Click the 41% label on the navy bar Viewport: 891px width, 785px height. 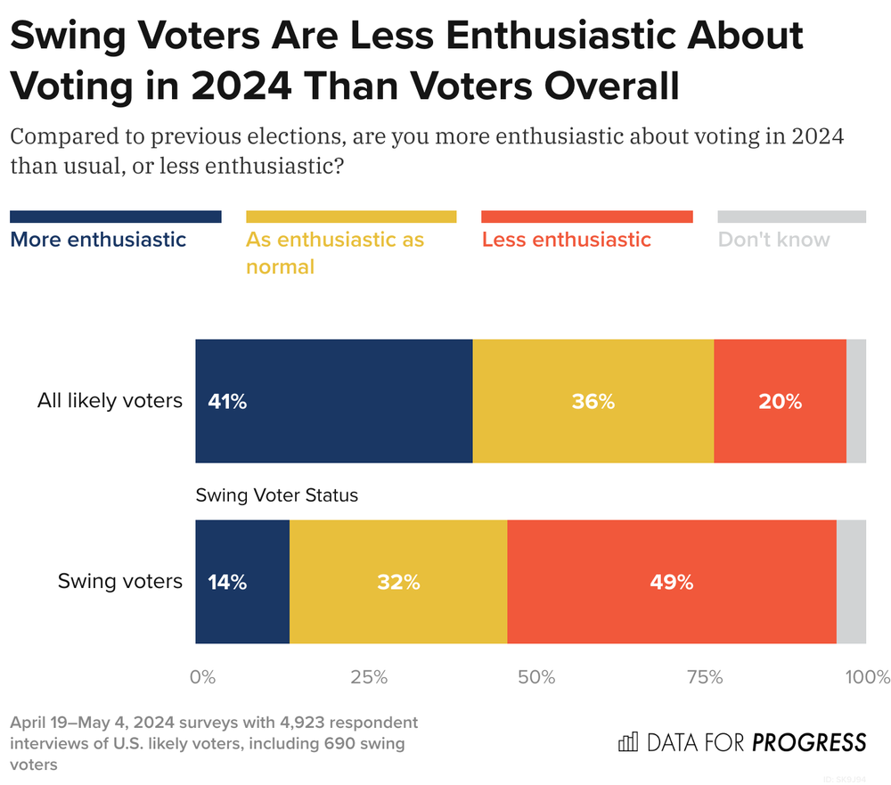pyautogui.click(x=226, y=402)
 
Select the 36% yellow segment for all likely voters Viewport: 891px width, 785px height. pyautogui.click(x=593, y=402)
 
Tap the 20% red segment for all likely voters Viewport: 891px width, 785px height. pyautogui.click(x=780, y=402)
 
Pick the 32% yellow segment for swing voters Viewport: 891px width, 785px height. pyautogui.click(x=397, y=583)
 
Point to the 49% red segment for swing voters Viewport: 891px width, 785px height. pyautogui.click(x=671, y=583)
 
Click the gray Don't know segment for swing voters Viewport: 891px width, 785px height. pyautogui.click(x=851, y=583)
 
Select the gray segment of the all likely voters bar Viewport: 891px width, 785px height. pyautogui.click(x=855, y=402)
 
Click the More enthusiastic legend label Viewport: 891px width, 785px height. pyautogui.click(x=98, y=240)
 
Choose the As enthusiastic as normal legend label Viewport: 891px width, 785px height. pyautogui.click(x=335, y=253)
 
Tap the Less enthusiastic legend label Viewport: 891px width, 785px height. pyautogui.click(x=566, y=240)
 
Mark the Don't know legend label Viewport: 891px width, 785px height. pyautogui.click(x=773, y=240)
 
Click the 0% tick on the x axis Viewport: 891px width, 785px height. pyautogui.click(x=203, y=677)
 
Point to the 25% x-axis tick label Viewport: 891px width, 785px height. pyautogui.click(x=369, y=677)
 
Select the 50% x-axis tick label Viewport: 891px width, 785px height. pyautogui.click(x=536, y=677)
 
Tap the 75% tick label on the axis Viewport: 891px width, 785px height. pyautogui.click(x=704, y=677)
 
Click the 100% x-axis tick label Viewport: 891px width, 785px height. pyautogui.click(x=868, y=677)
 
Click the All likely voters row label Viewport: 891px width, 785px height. pyautogui.click(x=110, y=402)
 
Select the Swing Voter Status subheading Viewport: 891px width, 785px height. pyautogui.click(x=276, y=495)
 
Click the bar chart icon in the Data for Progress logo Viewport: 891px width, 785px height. pyautogui.click(x=627, y=742)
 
